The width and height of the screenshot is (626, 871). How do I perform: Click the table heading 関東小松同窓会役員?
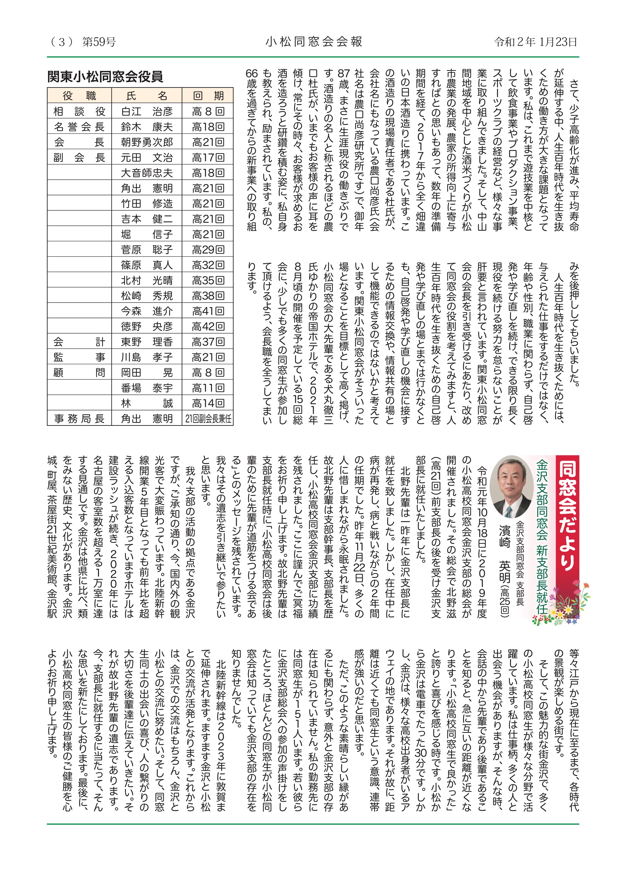(x=105, y=77)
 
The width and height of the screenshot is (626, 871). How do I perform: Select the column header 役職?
(x=80, y=96)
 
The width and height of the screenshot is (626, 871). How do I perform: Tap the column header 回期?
(x=208, y=96)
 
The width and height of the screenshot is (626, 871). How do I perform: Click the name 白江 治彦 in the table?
(x=147, y=111)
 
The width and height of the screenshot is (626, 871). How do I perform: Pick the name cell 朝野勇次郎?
(x=147, y=142)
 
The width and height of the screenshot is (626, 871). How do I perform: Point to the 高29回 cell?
(x=208, y=249)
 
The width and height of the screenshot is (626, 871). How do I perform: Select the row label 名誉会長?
(x=80, y=127)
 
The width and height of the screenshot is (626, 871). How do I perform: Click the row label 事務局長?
(x=80, y=419)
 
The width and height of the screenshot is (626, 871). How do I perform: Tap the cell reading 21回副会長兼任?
(x=208, y=419)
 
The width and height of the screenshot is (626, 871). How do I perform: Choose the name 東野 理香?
(x=147, y=342)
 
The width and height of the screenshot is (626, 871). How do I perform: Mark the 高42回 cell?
(x=208, y=326)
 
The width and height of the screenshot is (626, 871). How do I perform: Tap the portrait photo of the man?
(x=511, y=487)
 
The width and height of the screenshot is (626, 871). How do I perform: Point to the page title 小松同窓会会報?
(x=314, y=42)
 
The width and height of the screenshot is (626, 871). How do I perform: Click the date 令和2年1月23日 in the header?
(x=536, y=42)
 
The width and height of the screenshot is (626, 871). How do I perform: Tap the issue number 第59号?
(x=99, y=42)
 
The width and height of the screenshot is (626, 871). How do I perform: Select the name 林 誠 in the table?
(x=147, y=403)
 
